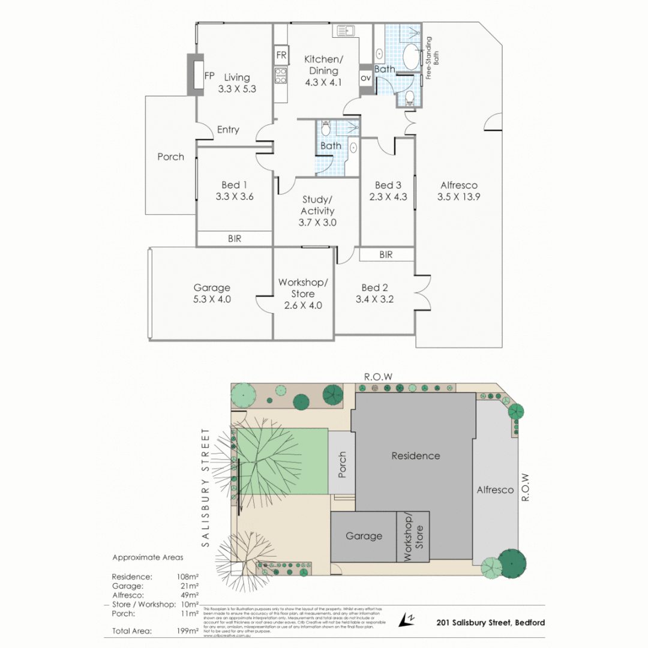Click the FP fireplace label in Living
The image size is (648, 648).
(x=209, y=76)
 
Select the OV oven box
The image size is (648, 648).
(x=365, y=78)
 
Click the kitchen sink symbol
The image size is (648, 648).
(x=344, y=31)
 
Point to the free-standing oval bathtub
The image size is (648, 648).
(x=412, y=58)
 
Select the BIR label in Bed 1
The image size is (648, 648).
(x=235, y=238)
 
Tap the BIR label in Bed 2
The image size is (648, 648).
(x=386, y=254)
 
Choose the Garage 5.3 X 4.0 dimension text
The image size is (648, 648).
(x=212, y=299)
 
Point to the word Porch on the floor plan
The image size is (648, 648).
(x=170, y=157)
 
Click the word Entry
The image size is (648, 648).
(x=228, y=130)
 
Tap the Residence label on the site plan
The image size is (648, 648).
(x=415, y=455)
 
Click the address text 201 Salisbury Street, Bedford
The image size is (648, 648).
(x=491, y=623)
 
